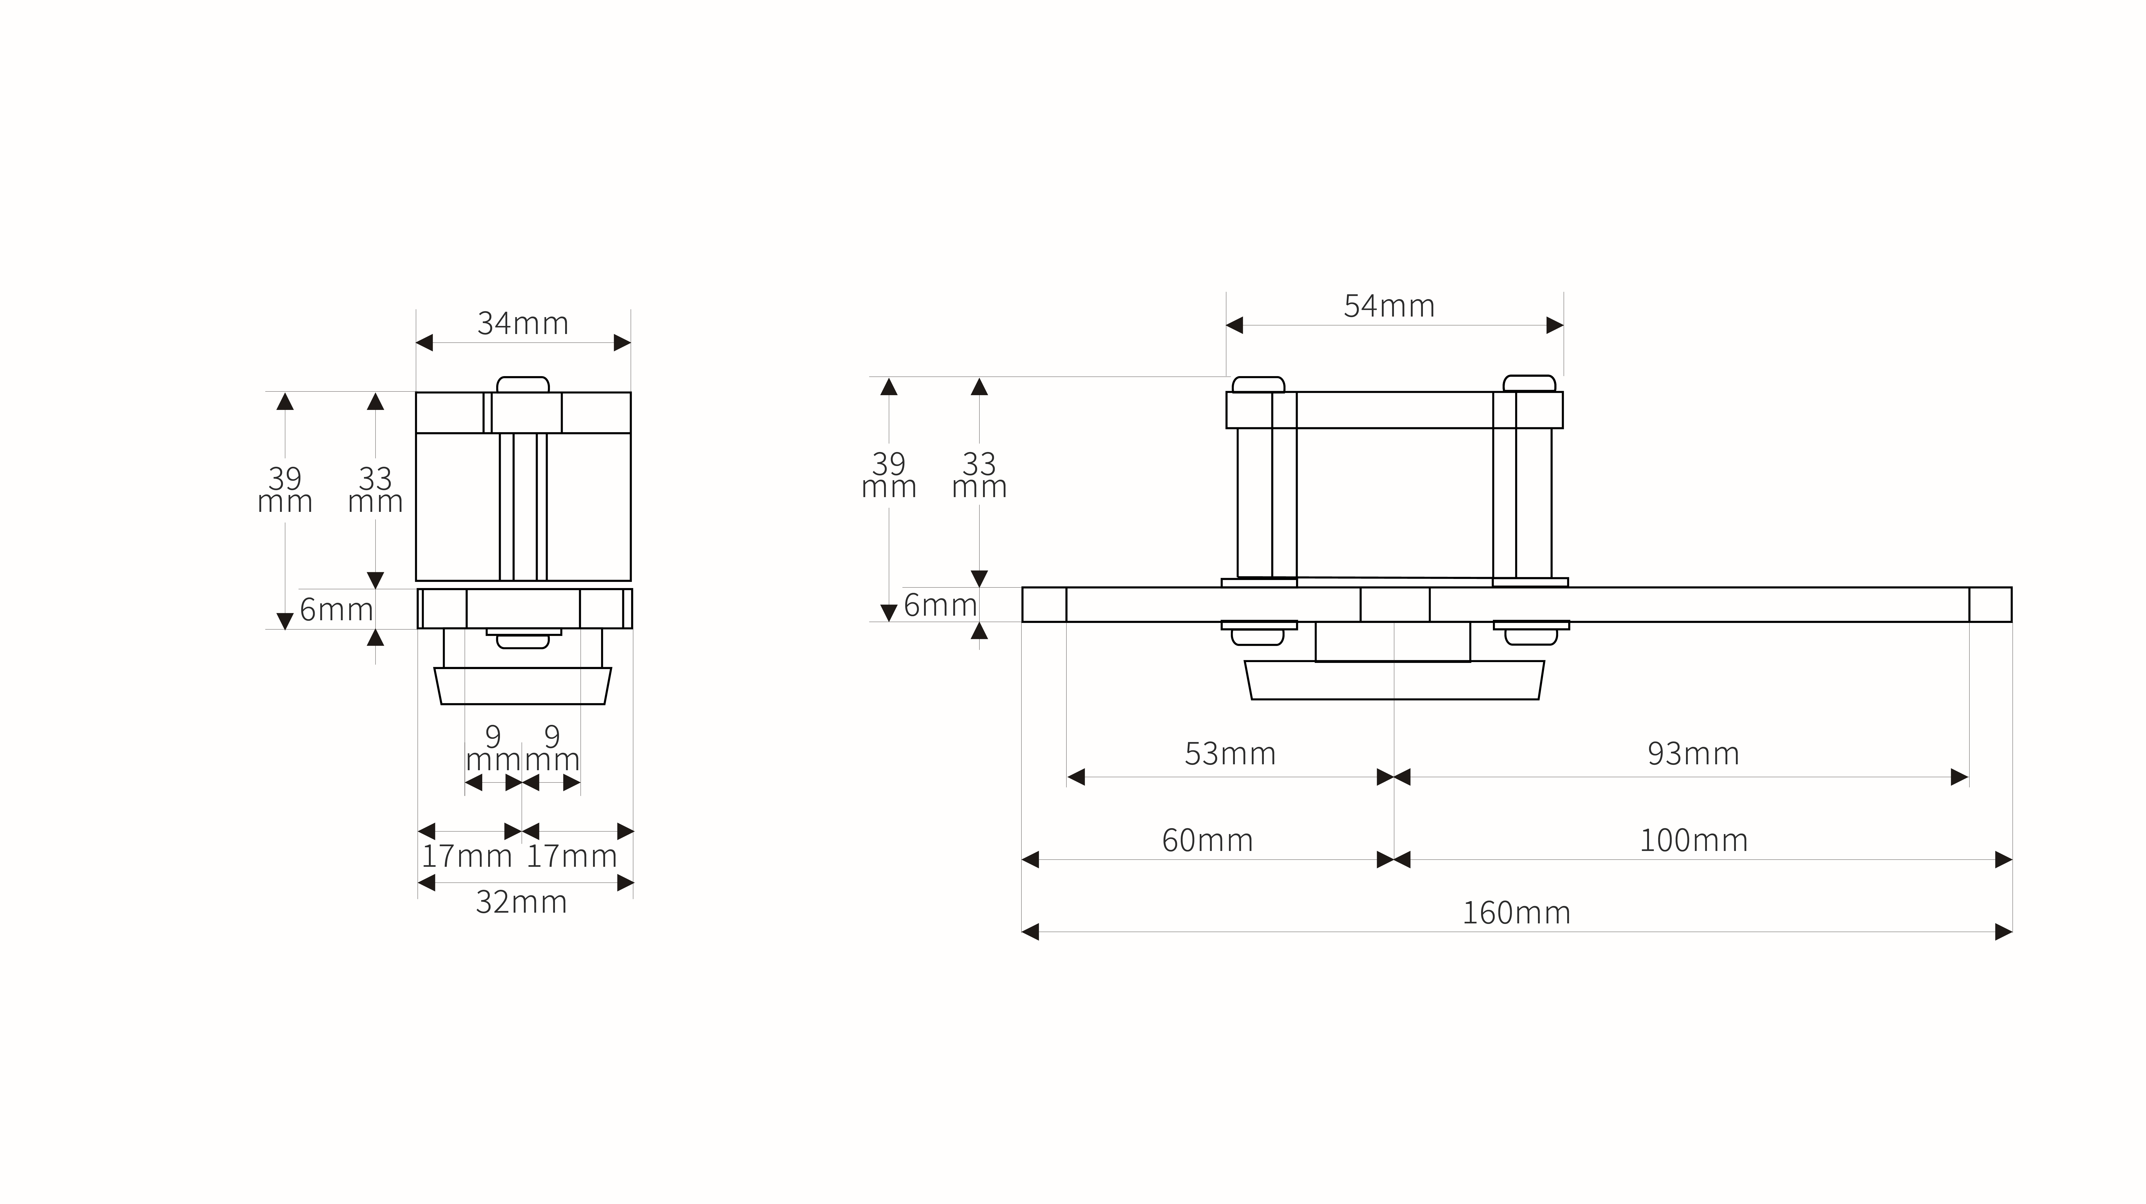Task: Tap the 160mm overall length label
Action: (1516, 913)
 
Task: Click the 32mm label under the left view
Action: (521, 902)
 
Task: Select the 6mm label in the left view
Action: (337, 610)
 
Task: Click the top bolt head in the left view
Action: (523, 384)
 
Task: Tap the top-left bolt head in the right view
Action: (1259, 384)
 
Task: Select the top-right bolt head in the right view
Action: (1530, 383)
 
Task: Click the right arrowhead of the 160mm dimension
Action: (2004, 931)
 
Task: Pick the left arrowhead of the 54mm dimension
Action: (1235, 325)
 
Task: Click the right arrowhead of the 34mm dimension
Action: (622, 343)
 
